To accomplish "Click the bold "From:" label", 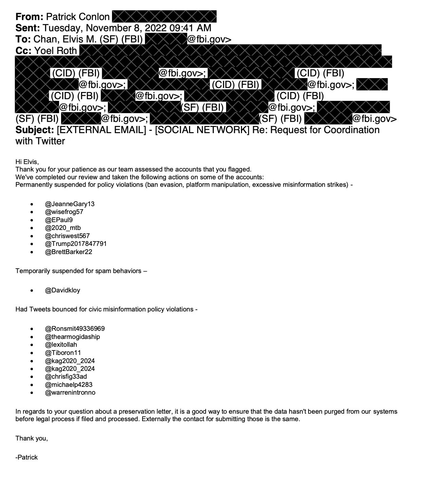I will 29,17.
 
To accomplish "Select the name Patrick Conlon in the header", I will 78,17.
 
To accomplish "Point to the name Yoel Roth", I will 56,51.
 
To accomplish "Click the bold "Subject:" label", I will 35,130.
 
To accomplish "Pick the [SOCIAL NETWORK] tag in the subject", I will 202,130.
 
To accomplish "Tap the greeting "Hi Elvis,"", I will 27,162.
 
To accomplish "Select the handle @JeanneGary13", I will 70,204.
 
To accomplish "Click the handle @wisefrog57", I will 64,212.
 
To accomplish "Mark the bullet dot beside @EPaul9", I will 32,220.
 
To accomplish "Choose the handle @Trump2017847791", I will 76,244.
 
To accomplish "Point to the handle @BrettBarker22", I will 69,252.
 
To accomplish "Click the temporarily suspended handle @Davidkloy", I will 62,290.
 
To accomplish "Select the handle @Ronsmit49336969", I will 75,329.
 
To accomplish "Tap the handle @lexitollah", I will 61,345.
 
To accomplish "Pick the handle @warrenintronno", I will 70,393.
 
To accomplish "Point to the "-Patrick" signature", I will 26,457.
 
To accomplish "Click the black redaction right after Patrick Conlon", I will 164,17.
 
